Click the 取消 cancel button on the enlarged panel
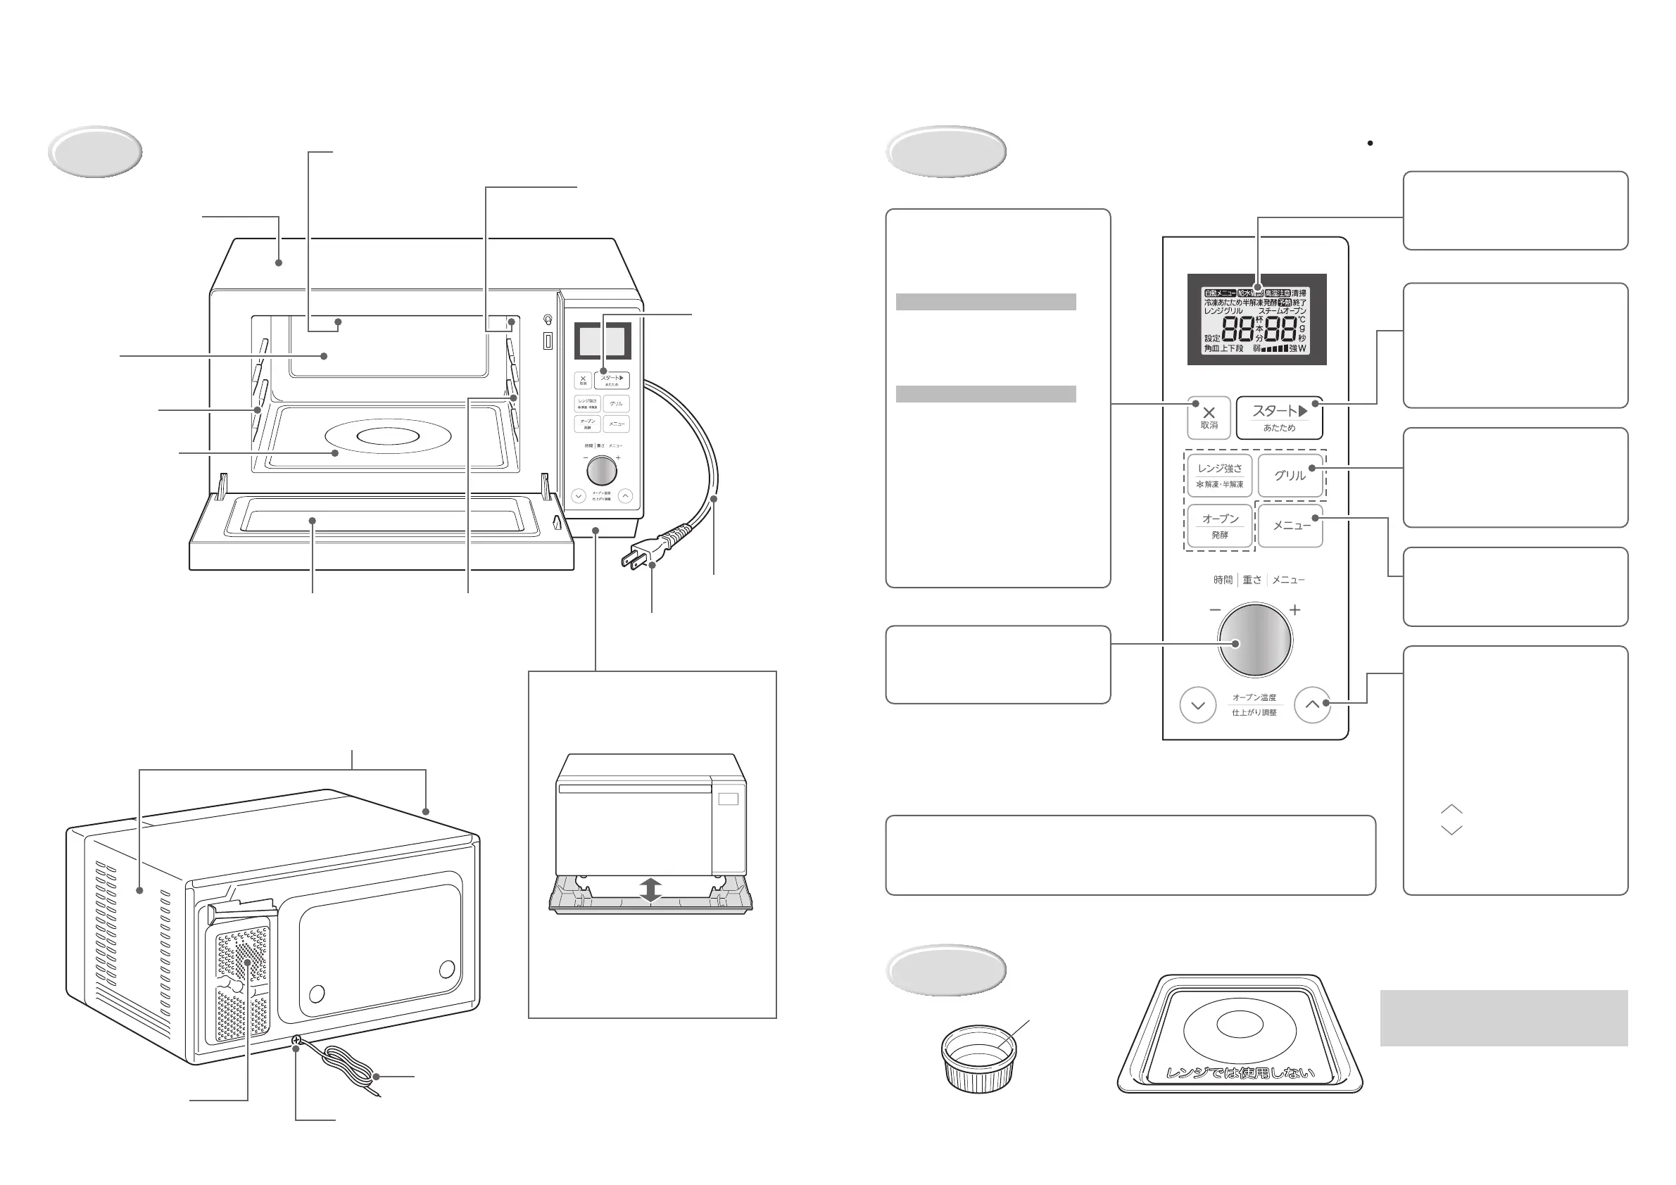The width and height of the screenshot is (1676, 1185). coord(1209,417)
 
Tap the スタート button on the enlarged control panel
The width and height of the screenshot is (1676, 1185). coord(1279,417)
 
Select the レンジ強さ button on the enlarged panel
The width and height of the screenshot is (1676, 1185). coord(1220,475)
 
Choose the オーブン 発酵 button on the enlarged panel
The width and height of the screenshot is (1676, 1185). coord(1220,526)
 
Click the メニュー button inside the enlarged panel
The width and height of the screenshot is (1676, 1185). coord(1290,526)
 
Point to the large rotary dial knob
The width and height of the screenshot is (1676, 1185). coord(1255,640)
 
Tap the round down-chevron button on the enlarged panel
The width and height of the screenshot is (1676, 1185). coord(1198,706)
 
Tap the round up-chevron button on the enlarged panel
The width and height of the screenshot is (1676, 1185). coord(1313,705)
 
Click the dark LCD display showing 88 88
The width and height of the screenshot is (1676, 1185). coord(1256,319)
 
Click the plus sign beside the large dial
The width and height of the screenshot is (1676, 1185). coord(1295,610)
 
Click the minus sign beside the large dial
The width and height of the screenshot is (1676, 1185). coord(1215,610)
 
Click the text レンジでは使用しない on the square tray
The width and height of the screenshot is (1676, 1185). coord(1240,1072)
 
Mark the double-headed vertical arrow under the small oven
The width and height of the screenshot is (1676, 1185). coord(650,890)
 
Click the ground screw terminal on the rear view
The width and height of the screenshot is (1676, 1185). coord(296,1041)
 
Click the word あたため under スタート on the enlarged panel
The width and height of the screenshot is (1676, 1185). coord(1279,429)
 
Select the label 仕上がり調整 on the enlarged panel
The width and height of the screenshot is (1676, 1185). coord(1254,713)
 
